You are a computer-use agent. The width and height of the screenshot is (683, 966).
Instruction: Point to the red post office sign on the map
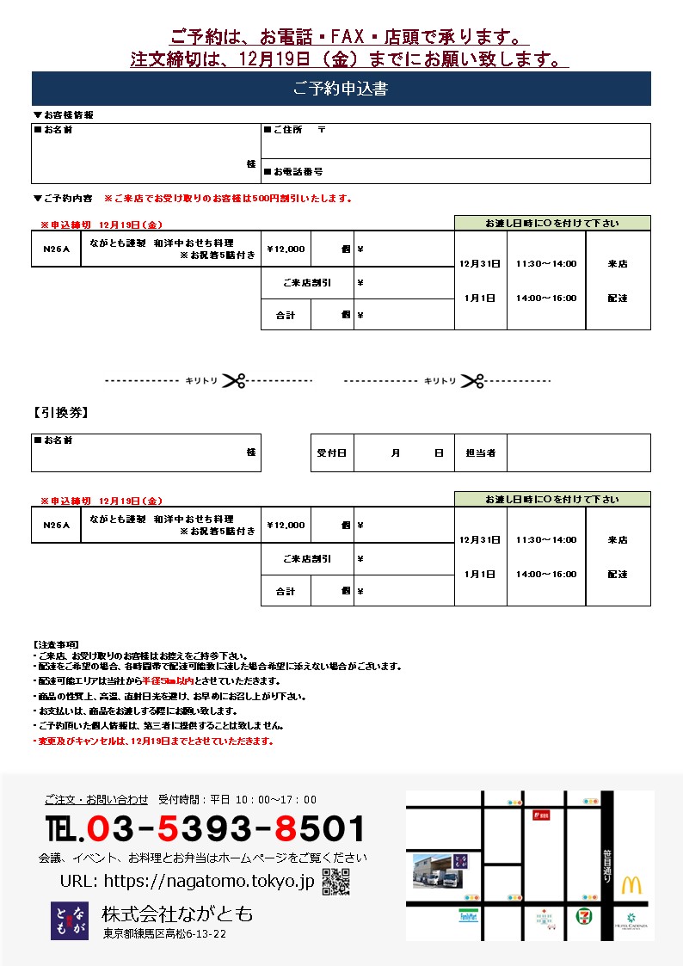541,815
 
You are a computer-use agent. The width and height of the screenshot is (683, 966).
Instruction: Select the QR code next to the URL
335,882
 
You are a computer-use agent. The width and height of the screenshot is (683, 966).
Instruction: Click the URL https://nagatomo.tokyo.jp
188,881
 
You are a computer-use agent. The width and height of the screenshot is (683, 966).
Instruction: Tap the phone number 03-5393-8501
206,829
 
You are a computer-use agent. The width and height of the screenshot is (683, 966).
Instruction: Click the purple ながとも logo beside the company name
69,920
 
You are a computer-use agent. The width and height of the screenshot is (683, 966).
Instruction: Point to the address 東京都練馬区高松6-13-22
164,933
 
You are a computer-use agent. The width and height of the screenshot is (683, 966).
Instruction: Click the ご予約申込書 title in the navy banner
341,89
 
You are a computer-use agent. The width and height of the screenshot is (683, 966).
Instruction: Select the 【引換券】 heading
61,413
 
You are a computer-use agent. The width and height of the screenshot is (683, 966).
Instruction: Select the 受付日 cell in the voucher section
331,452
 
